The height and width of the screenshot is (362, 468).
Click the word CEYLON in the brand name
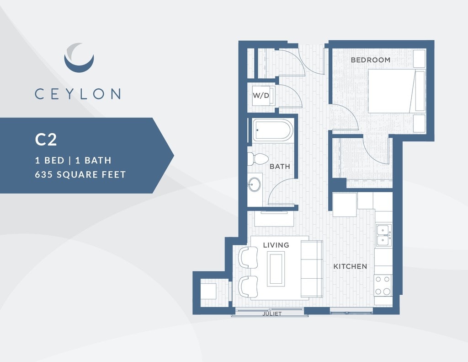click(78, 94)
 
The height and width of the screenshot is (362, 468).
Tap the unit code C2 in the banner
click(46, 140)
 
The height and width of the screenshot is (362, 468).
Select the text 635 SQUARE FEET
click(80, 174)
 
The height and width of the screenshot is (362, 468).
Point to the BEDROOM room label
click(370, 60)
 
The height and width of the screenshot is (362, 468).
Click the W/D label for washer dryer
click(261, 96)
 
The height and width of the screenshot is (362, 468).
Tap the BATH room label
click(279, 167)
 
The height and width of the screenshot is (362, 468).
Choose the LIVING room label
click(276, 245)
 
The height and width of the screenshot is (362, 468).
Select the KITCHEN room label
click(350, 266)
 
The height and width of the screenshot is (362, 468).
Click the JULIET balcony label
click(272, 314)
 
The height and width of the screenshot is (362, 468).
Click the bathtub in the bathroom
click(273, 130)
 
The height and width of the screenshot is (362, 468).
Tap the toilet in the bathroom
click(258, 159)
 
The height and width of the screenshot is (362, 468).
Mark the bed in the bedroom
click(396, 91)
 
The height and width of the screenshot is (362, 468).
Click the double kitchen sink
click(383, 235)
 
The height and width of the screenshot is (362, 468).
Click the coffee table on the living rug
click(276, 268)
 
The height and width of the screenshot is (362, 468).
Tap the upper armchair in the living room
click(248, 257)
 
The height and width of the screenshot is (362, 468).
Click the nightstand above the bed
click(419, 58)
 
